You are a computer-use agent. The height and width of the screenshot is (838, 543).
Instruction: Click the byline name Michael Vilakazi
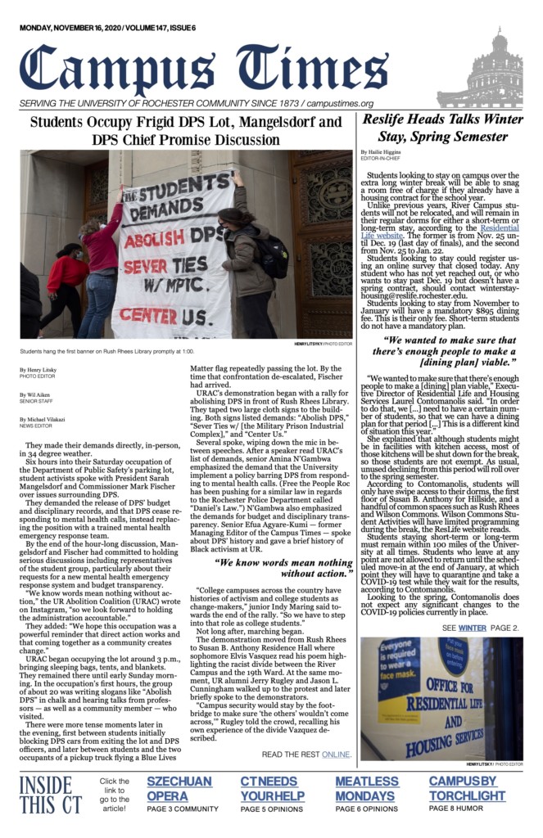click(43, 419)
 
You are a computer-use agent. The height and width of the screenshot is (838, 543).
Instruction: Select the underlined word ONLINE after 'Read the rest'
click(336, 755)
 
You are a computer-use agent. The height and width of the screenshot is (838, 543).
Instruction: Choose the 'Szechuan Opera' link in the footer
click(179, 787)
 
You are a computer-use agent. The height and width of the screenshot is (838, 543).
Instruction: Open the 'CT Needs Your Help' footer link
click(274, 787)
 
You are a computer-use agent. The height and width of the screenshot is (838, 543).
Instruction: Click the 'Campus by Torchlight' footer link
click(467, 787)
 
